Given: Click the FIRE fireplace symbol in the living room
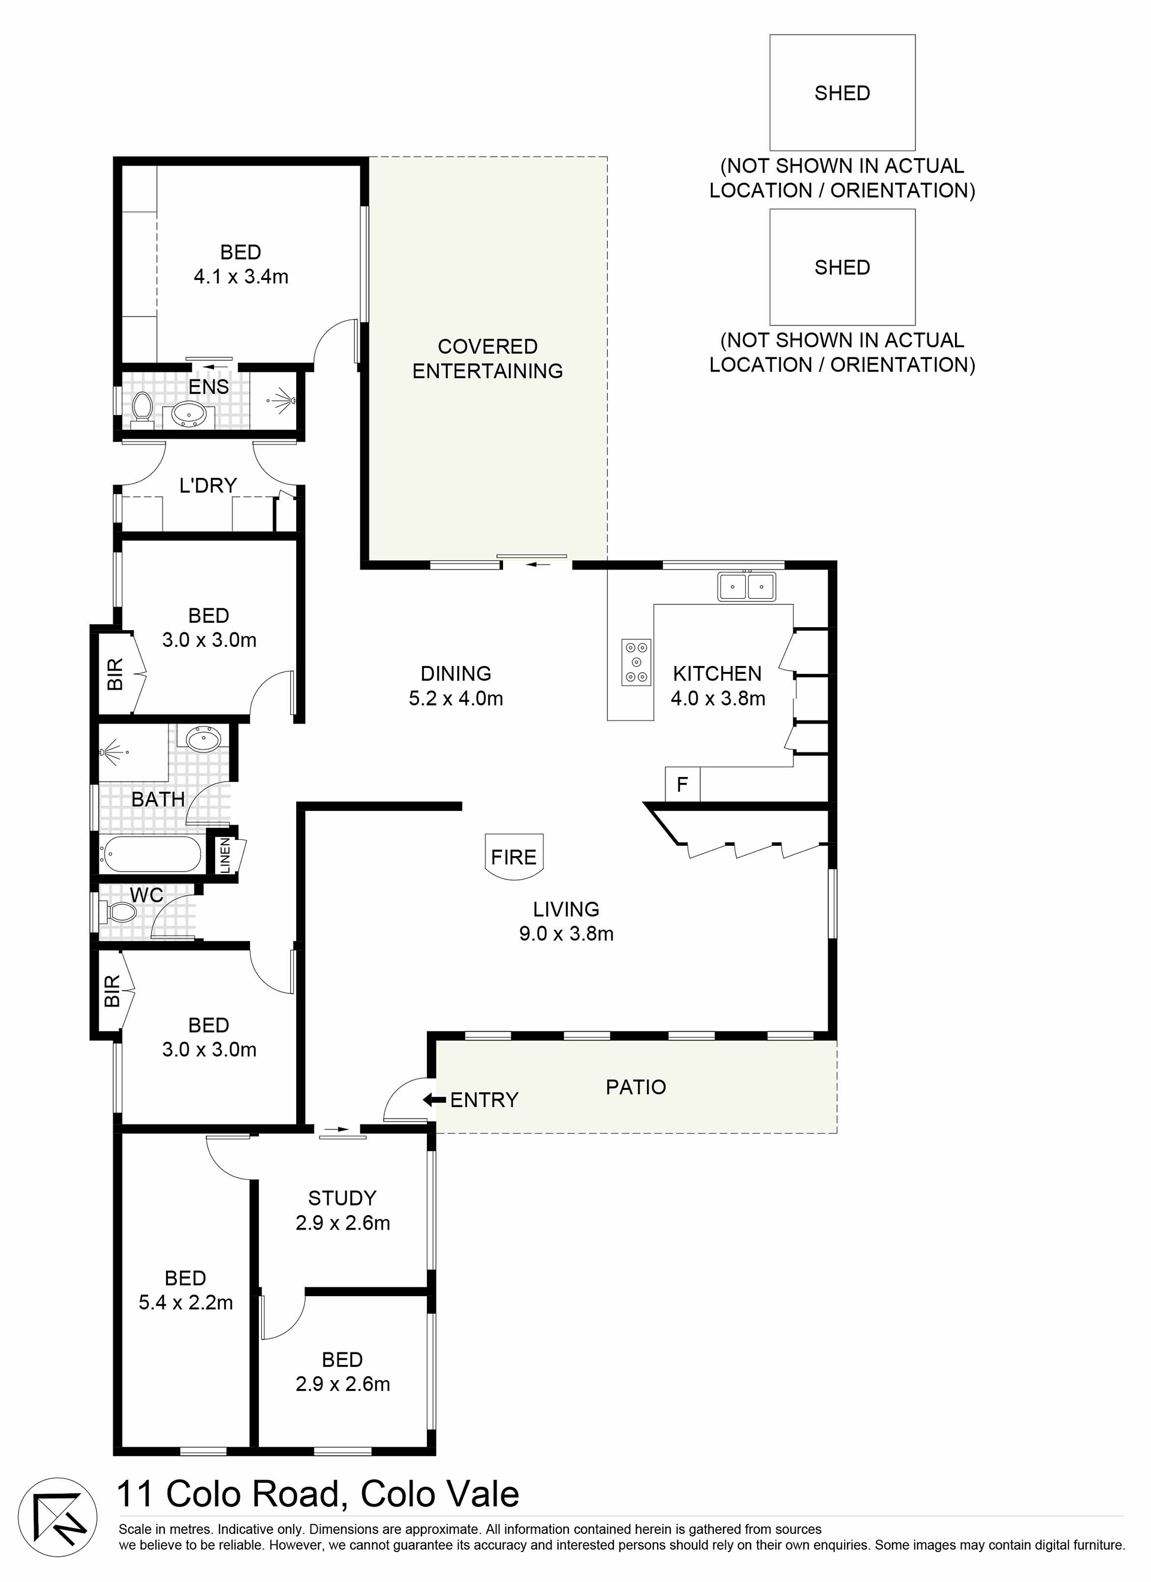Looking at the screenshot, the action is coord(514,857).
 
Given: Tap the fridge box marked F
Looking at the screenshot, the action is coord(682,784).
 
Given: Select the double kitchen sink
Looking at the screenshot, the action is coord(746,586).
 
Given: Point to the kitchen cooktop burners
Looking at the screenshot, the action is coord(636,662).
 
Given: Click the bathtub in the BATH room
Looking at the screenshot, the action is coord(152,854).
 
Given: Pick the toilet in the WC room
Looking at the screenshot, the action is coord(119,912).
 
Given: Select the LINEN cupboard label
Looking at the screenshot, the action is coord(225,855).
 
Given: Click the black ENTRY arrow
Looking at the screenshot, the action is coord(435,1100).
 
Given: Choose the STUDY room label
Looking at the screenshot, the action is coord(342,1198).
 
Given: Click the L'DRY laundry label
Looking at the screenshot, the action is coord(208,485).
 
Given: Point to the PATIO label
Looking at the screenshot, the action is coord(635,1087).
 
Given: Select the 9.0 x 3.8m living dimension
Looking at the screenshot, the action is coord(567,933).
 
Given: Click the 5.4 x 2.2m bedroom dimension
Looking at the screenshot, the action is coord(186,1302).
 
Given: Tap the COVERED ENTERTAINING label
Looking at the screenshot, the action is coord(487,358).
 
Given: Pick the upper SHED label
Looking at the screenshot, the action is coord(842,93).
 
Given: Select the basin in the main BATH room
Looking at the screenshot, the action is coord(204,738).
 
